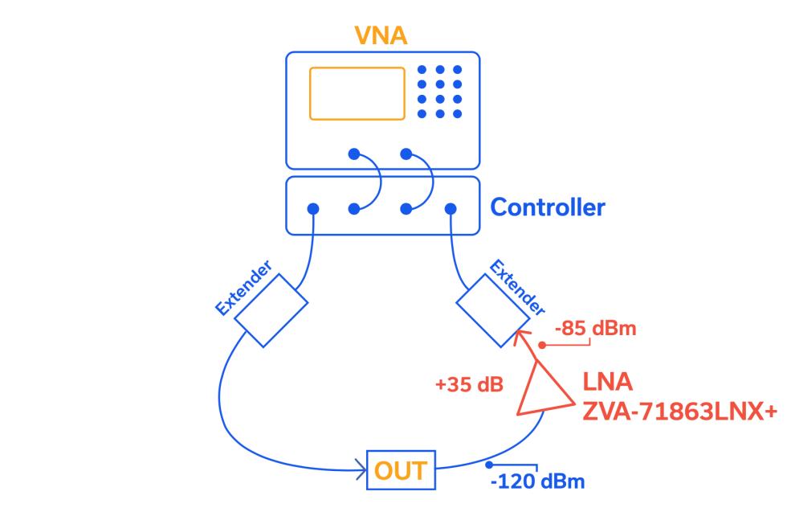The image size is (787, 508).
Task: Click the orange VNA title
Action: (382, 35)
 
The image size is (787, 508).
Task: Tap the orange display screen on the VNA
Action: (357, 94)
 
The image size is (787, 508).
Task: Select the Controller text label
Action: (547, 207)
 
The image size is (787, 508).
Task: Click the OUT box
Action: (401, 470)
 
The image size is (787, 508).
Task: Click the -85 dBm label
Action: (595, 329)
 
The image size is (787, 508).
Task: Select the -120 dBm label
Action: (537, 481)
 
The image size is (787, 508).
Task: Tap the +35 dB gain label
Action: (469, 384)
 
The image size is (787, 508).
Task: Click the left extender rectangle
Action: (271, 310)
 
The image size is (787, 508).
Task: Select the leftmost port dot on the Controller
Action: (312, 209)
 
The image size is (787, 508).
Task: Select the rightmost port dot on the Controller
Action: (451, 209)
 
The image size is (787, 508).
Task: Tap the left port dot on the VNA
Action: (353, 153)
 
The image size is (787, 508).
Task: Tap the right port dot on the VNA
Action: (406, 153)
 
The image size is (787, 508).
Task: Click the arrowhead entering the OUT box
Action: (361, 470)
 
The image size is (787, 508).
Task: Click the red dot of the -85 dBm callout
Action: (542, 346)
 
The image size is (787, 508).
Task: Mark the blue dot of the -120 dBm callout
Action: (488, 465)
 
